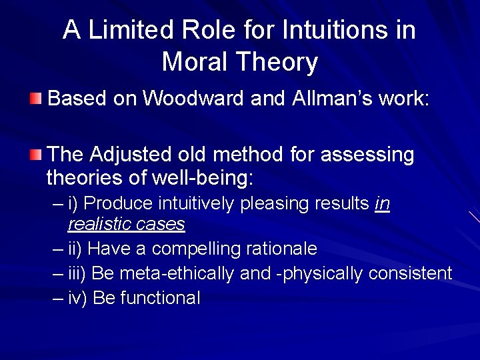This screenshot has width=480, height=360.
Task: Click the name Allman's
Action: click(331, 99)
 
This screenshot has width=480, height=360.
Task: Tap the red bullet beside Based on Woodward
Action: click(35, 100)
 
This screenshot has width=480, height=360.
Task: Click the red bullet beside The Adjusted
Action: click(35, 155)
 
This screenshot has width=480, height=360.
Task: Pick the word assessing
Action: click(367, 155)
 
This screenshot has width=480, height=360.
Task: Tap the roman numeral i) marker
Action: click(74, 203)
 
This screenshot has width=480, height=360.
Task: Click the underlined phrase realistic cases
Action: click(126, 224)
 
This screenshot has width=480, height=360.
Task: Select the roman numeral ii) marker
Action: click(75, 249)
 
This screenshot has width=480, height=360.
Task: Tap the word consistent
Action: click(409, 273)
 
